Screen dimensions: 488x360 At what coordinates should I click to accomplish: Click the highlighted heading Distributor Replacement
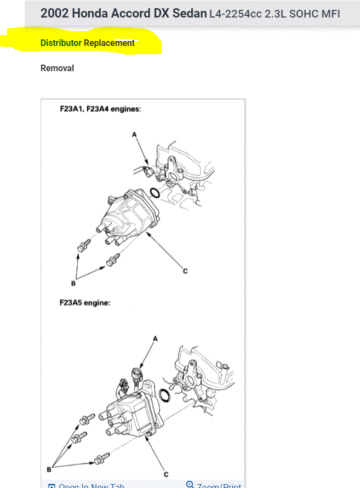click(x=88, y=43)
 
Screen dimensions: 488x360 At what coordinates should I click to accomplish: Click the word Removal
click(x=57, y=68)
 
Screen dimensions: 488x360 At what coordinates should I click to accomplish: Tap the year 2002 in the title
click(x=54, y=13)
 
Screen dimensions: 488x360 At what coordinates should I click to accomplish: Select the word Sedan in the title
click(x=190, y=13)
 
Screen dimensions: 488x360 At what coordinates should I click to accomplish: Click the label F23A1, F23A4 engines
click(x=101, y=109)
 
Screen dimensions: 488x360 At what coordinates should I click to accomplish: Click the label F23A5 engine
click(x=85, y=302)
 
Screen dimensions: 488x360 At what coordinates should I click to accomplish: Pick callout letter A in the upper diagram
click(x=134, y=134)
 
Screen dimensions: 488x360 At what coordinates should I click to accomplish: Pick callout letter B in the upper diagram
click(x=73, y=283)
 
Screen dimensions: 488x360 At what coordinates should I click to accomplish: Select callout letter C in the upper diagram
click(x=185, y=271)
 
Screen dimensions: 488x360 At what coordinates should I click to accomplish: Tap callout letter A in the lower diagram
click(x=155, y=338)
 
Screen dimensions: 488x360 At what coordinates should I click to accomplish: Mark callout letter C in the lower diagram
click(x=165, y=474)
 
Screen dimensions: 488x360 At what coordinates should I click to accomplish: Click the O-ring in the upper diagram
click(x=155, y=193)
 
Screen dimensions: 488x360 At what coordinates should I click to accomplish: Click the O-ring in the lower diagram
click(x=164, y=395)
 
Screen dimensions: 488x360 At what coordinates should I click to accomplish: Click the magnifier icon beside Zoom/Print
click(x=190, y=485)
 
